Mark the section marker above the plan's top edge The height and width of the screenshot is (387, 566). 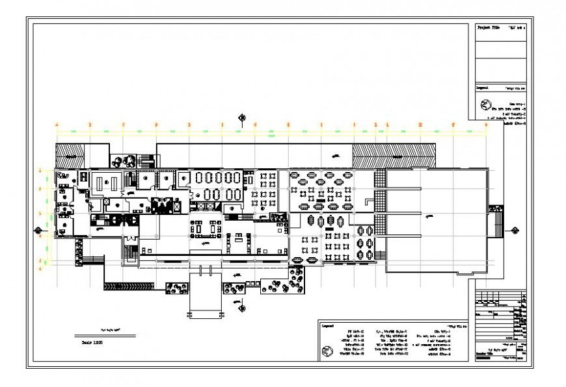[x=242, y=118]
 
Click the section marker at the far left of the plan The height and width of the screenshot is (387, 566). [x=40, y=229]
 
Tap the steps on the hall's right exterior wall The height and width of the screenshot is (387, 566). [x=498, y=224]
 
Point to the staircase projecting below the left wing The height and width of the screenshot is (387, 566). [x=131, y=252]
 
